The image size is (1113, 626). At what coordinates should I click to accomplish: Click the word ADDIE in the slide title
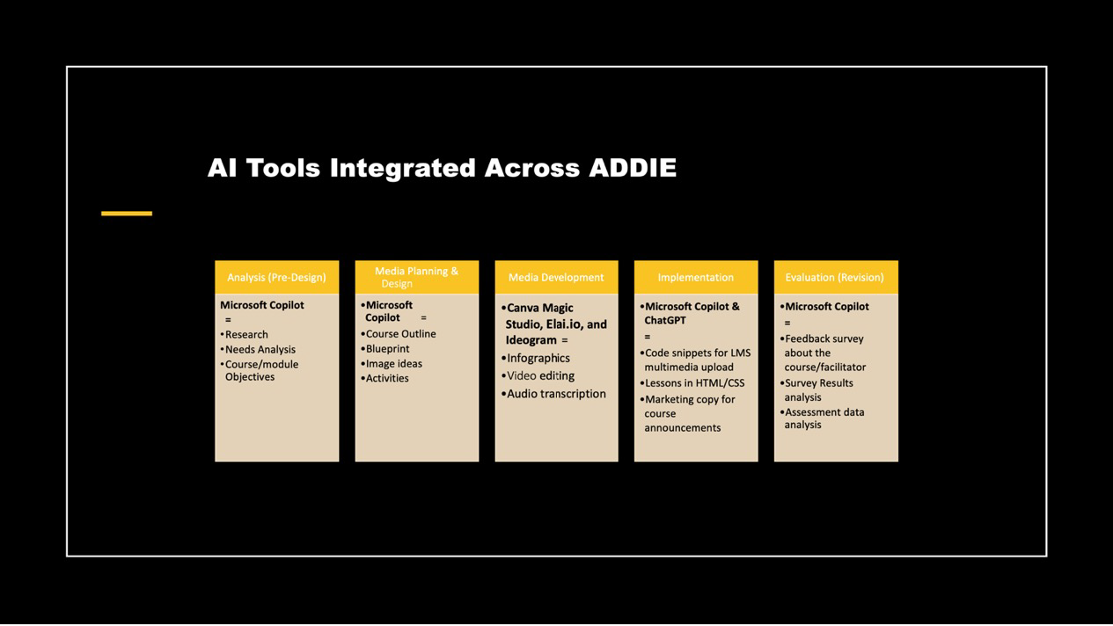click(x=633, y=168)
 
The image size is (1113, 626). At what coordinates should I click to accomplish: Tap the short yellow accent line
click(x=127, y=214)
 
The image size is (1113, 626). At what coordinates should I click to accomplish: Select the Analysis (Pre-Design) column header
click(x=277, y=277)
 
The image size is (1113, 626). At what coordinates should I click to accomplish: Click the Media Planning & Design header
click(x=417, y=277)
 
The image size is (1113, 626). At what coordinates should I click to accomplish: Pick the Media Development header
click(x=556, y=277)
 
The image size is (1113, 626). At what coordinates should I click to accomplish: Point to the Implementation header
click(x=696, y=277)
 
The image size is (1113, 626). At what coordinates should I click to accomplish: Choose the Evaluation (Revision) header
click(x=836, y=277)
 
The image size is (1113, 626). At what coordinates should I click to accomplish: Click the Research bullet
click(x=245, y=335)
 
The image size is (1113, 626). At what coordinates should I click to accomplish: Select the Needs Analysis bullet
click(x=258, y=350)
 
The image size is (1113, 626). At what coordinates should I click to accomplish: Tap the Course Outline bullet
click(x=399, y=333)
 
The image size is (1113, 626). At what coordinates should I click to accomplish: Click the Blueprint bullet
click(x=385, y=348)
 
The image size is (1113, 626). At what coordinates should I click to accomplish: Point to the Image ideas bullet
click(x=392, y=363)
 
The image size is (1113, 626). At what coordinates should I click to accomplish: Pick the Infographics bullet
click(x=536, y=358)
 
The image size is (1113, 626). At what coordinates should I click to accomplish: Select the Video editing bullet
click(x=538, y=375)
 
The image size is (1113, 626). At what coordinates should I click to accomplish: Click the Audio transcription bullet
click(x=553, y=394)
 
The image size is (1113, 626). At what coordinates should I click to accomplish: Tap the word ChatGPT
click(x=665, y=320)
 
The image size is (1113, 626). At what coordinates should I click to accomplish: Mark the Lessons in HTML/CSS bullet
click(x=692, y=383)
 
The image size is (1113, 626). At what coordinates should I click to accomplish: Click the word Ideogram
click(x=531, y=340)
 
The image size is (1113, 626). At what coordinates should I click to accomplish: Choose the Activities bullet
click(x=385, y=378)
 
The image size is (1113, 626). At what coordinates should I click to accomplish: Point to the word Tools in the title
click(x=283, y=168)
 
